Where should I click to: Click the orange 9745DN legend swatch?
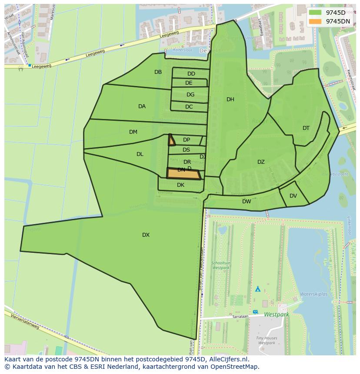(x=315, y=21)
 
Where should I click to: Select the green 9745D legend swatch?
(x=315, y=13)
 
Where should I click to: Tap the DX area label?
(x=146, y=235)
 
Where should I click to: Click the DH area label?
(x=230, y=99)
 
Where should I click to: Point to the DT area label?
(x=306, y=128)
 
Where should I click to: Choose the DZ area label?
(x=261, y=162)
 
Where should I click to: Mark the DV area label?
(x=293, y=196)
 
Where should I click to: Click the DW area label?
(x=247, y=202)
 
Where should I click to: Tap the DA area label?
(x=142, y=106)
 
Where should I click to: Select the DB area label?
(x=158, y=72)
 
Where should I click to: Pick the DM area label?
(x=133, y=132)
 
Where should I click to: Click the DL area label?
(x=140, y=154)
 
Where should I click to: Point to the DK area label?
(x=180, y=185)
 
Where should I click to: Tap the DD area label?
(x=191, y=74)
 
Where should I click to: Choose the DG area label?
(x=190, y=95)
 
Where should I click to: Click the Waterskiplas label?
(x=313, y=294)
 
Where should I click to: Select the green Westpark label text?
(x=276, y=314)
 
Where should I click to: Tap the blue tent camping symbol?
(x=258, y=288)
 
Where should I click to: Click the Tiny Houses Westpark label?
(x=267, y=341)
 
